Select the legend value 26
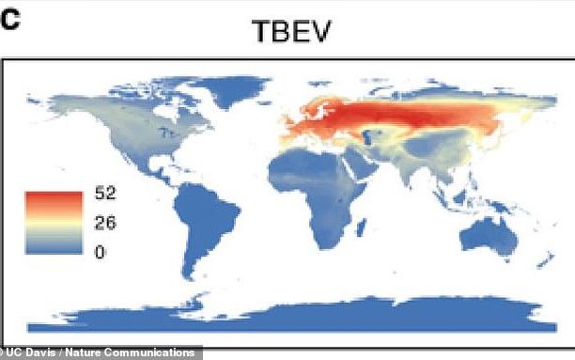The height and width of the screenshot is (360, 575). coord(104,224)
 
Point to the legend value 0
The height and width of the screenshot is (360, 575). coord(101,251)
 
